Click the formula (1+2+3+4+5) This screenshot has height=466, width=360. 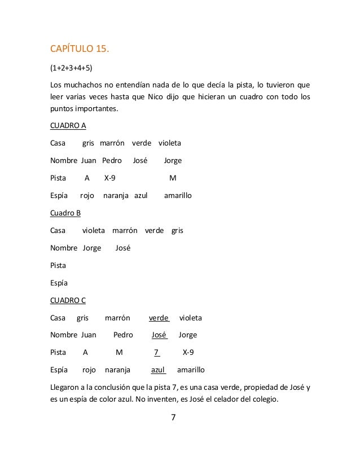[x=72, y=69]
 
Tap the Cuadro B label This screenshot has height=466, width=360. [x=65, y=213]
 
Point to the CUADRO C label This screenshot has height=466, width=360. [x=68, y=300]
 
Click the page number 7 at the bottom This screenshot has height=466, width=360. [x=174, y=418]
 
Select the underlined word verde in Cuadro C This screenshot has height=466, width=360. [x=159, y=318]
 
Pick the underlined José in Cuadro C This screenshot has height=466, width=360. [x=160, y=335]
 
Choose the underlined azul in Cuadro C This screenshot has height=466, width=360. [x=158, y=371]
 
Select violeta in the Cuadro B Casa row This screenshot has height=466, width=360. [x=94, y=230]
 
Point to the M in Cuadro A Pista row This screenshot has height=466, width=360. [x=173, y=178]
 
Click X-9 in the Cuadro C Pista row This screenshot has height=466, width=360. [x=188, y=353]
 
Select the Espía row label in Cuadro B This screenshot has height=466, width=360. [x=59, y=283]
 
